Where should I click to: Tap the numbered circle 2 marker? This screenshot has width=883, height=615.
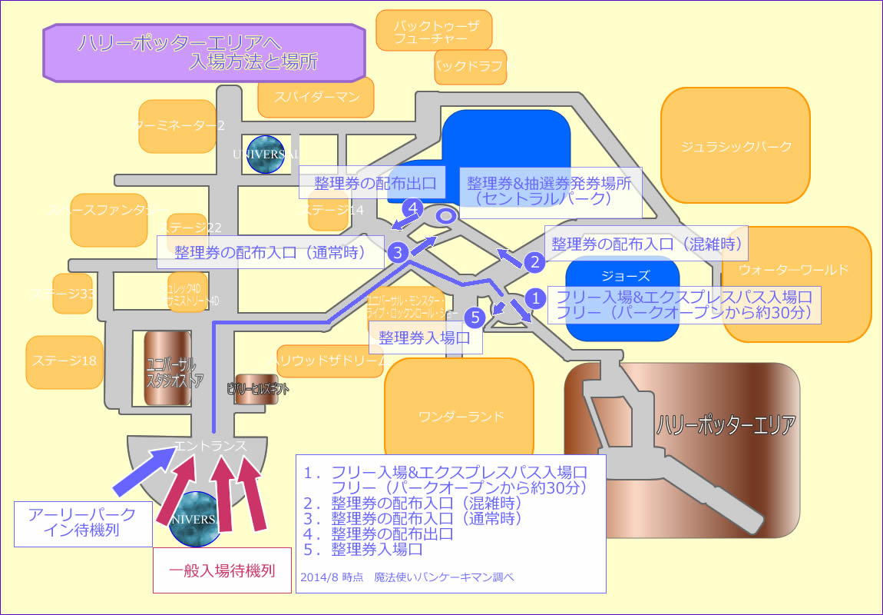click(534, 262)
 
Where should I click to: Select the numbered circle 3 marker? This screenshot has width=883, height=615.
click(397, 251)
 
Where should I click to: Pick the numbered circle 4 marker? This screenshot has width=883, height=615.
click(413, 208)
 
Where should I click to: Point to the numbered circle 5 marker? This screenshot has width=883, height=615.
click(475, 315)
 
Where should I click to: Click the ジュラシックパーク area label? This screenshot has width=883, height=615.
click(736, 146)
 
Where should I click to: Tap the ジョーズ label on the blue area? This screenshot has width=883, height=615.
click(622, 276)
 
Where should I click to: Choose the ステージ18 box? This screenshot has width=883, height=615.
click(64, 361)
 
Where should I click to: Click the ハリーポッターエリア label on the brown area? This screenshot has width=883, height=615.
click(725, 424)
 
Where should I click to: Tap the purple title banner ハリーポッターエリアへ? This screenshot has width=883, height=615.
click(203, 52)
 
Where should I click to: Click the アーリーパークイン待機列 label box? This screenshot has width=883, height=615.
click(83, 523)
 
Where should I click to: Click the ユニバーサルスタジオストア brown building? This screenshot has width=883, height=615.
click(167, 368)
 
